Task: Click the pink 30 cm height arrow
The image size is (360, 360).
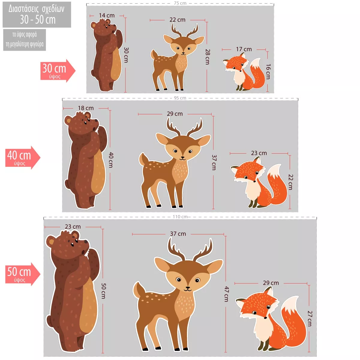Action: pyautogui.click(x=58, y=70)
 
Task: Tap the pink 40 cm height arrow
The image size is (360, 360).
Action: pyautogui.click(x=22, y=157)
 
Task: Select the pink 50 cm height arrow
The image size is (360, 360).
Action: pyautogui.click(x=22, y=274)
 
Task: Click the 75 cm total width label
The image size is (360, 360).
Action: pyautogui.click(x=180, y=3)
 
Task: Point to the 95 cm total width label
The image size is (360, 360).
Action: pyautogui.click(x=180, y=98)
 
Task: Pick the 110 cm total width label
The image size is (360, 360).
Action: pyautogui.click(x=180, y=217)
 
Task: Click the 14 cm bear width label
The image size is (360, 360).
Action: pyautogui.click(x=107, y=16)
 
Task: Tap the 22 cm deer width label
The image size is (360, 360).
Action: pyautogui.click(x=178, y=19)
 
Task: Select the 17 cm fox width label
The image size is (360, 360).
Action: pyautogui.click(x=244, y=49)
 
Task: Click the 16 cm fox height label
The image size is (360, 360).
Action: pyautogui.click(x=268, y=72)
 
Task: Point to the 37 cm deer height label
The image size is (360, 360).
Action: pyautogui.click(x=214, y=162)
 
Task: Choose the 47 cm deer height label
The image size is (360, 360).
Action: pyautogui.click(x=226, y=294)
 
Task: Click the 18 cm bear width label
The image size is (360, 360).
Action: pyautogui.click(x=86, y=108)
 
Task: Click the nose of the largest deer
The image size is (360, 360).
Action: pyautogui.click(x=188, y=288)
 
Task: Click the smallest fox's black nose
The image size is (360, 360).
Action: pyautogui.click(x=240, y=71)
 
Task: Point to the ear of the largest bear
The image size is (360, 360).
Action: pyautogui.click(x=51, y=242)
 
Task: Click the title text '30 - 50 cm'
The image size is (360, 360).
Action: pyautogui.click(x=38, y=19)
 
